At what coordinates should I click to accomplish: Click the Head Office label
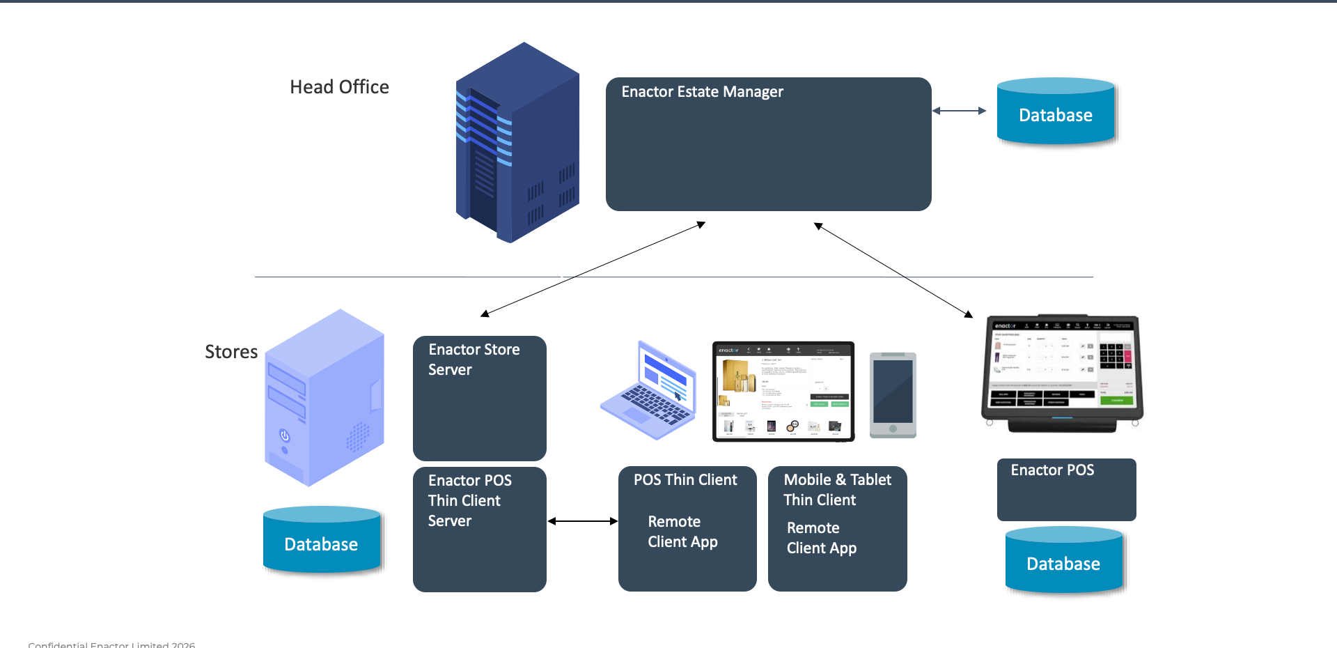339,87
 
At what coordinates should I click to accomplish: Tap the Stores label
231,352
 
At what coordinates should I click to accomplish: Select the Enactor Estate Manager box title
702,92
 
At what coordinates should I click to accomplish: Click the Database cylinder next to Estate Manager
1055,114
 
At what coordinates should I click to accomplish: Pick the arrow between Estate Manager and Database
959,111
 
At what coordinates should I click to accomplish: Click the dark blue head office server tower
517,143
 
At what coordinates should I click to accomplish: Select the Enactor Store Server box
479,398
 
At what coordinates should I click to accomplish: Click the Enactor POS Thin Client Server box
479,529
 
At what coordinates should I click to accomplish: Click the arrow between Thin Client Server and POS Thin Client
582,521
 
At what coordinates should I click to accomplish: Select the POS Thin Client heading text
685,480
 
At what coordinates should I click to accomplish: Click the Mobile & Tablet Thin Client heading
837,490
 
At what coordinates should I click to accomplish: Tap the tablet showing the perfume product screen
783,391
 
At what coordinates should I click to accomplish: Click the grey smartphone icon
893,395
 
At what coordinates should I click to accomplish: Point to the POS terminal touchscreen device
1063,373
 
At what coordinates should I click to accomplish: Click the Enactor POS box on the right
1066,489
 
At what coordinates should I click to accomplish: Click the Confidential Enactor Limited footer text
111,644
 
